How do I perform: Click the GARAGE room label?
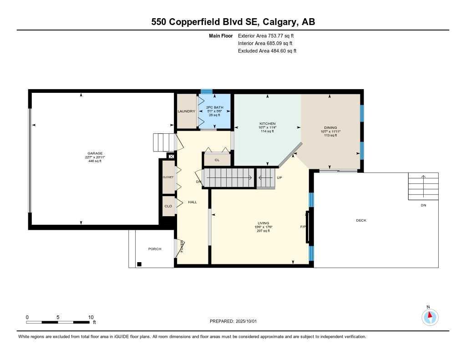(x=95, y=153)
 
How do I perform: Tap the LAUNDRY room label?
(x=186, y=112)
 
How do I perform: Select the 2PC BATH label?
(x=214, y=107)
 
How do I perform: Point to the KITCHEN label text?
(x=268, y=124)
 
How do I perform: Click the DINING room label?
(x=330, y=128)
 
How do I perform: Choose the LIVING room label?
(x=263, y=223)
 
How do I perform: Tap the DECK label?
(x=361, y=221)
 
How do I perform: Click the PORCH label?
(x=155, y=249)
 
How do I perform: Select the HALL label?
(x=192, y=202)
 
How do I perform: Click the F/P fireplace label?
(x=303, y=227)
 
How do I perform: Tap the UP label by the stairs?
(x=279, y=177)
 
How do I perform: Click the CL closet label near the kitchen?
(x=217, y=160)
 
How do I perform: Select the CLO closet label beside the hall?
(x=168, y=206)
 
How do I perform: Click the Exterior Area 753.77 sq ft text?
(x=269, y=35)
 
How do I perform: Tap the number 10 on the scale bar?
(x=91, y=317)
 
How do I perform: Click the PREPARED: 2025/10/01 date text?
(x=233, y=321)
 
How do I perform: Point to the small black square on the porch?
(x=139, y=264)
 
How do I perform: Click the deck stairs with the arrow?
(x=423, y=186)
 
